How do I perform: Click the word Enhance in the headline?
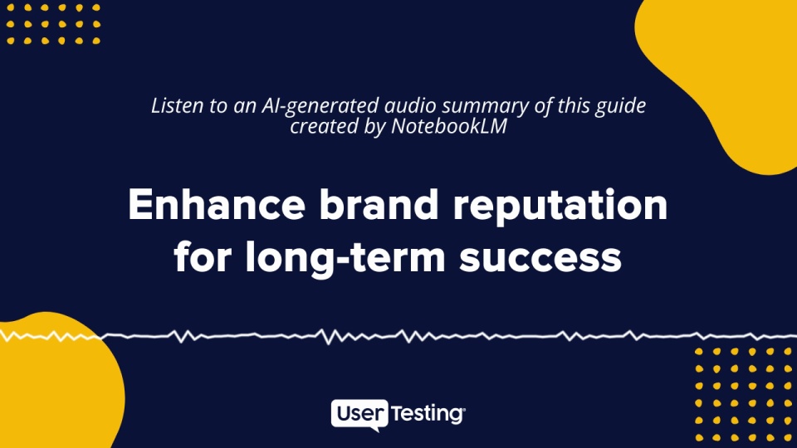(x=217, y=204)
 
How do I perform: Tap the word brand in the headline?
(x=379, y=204)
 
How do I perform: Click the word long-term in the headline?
(x=345, y=257)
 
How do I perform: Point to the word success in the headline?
(x=540, y=259)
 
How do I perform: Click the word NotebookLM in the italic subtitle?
(x=449, y=126)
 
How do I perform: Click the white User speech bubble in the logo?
(x=359, y=413)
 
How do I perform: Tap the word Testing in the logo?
(x=427, y=413)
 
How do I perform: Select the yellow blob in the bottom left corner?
(x=56, y=381)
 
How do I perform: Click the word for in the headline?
(x=203, y=257)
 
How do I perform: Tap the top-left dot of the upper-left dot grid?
(x=10, y=7)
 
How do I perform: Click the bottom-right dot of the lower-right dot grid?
(x=787, y=437)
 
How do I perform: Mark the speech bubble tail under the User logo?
(x=375, y=429)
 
